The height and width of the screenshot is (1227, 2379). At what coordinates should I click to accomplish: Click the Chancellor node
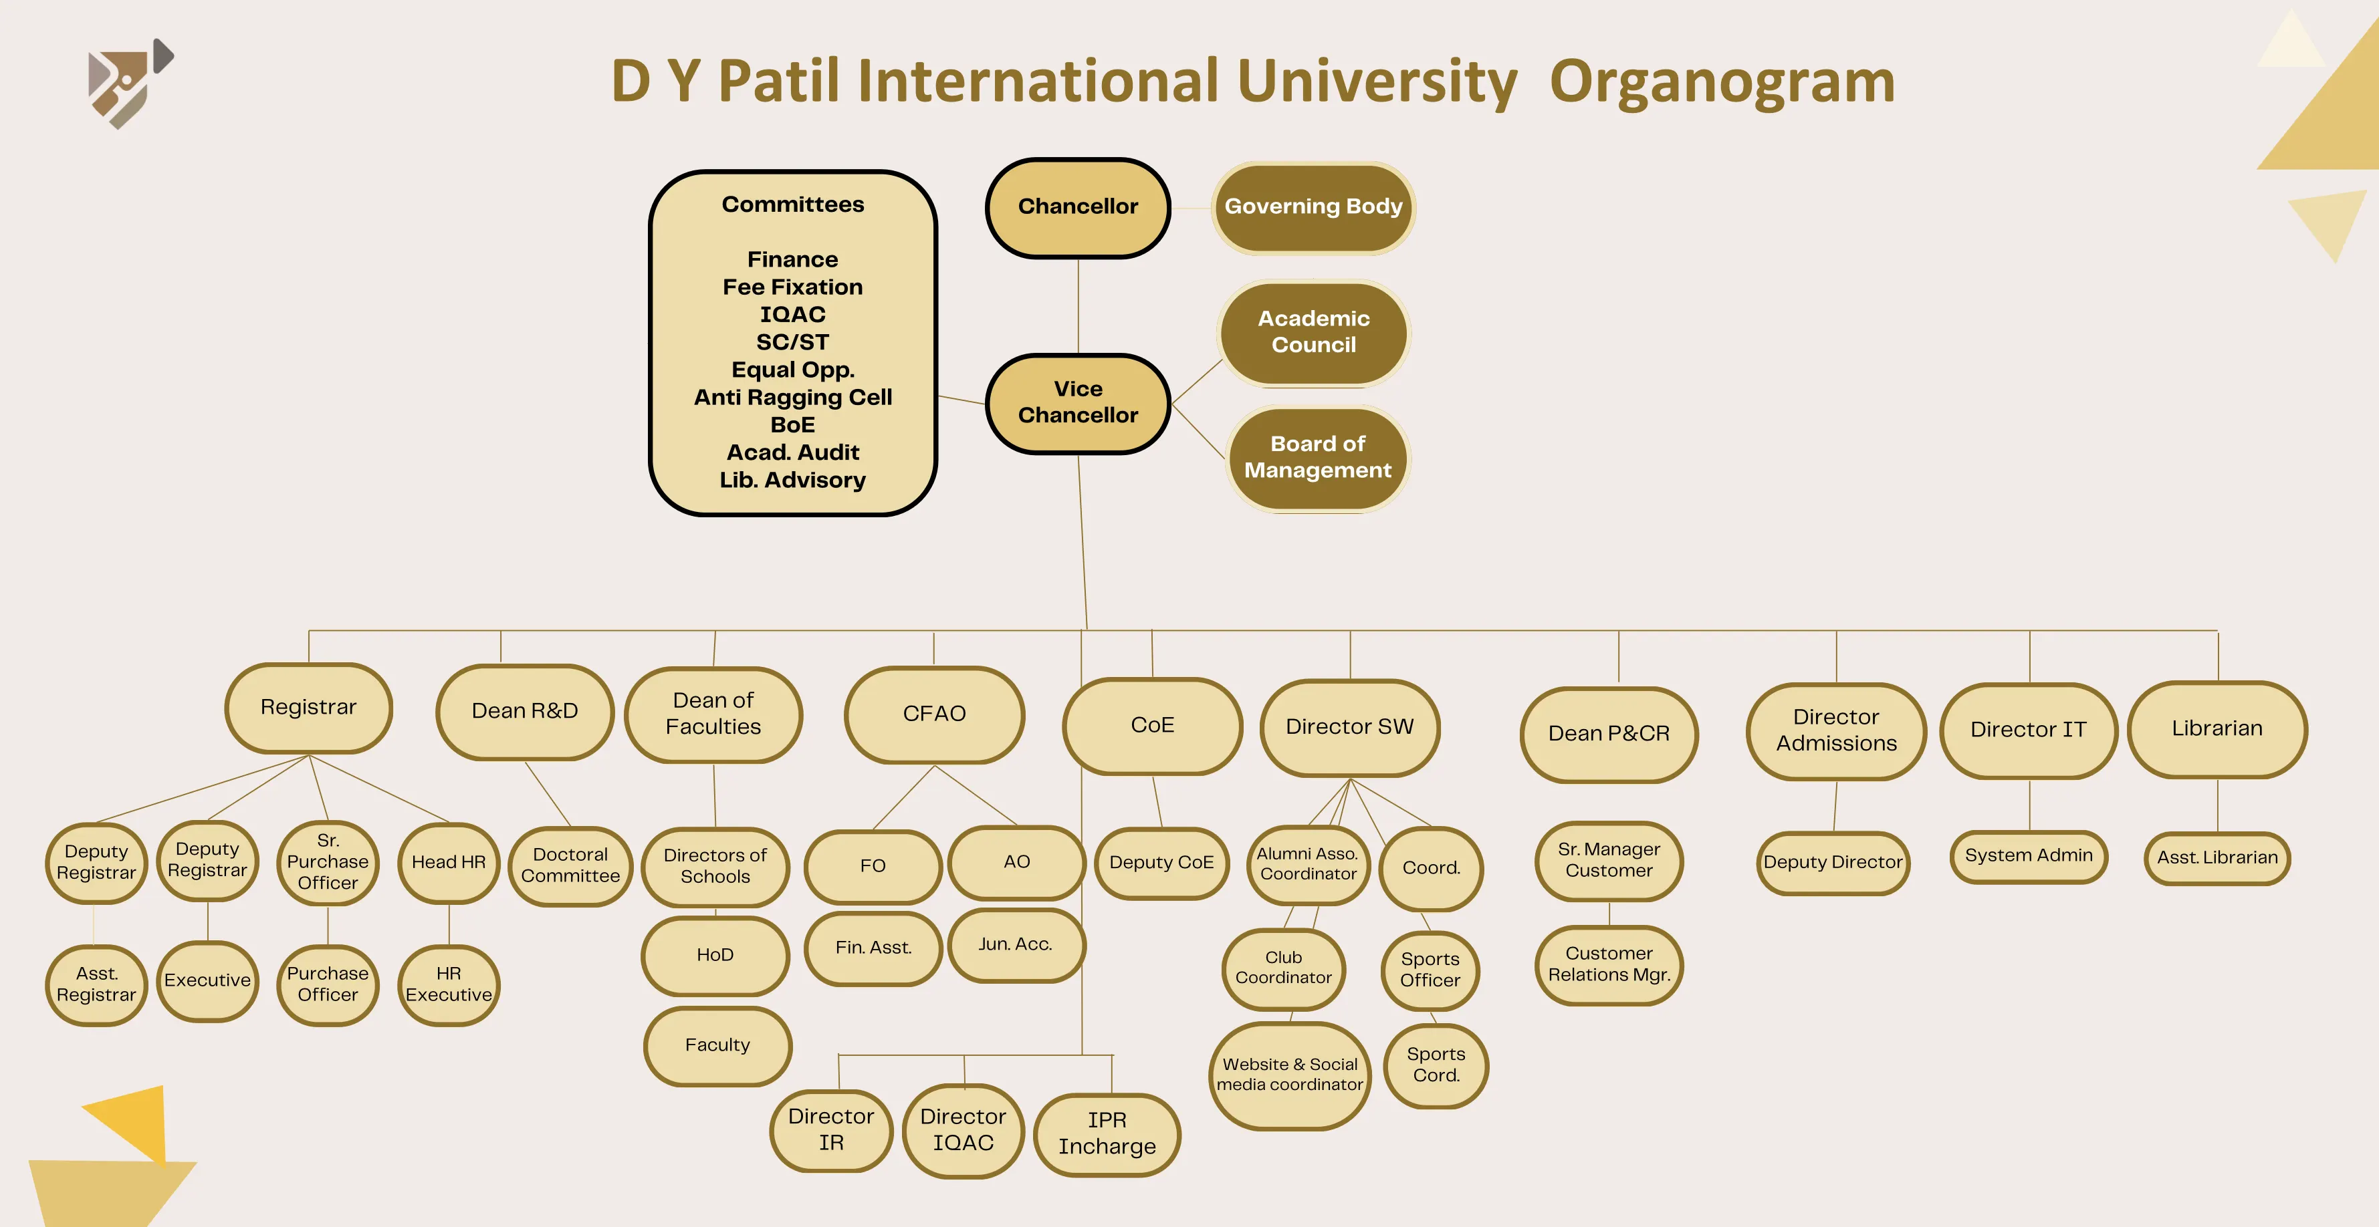point(1078,207)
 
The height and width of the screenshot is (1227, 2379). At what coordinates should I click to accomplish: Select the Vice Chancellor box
point(1078,402)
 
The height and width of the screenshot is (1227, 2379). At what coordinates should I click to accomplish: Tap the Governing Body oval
point(1313,207)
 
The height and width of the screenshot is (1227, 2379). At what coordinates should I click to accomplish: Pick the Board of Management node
point(1317,457)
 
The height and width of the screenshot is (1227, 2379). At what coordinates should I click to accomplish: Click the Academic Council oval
point(1313,331)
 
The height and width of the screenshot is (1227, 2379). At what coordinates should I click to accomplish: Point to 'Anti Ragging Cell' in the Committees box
point(792,397)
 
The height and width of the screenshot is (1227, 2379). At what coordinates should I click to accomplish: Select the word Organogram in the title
point(1722,82)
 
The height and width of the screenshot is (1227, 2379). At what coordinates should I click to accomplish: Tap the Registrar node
point(308,707)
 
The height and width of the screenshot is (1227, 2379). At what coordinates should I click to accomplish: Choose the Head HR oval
point(449,862)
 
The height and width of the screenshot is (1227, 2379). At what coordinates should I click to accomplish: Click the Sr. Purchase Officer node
point(328,862)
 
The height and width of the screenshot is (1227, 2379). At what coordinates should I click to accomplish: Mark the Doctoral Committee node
point(570,865)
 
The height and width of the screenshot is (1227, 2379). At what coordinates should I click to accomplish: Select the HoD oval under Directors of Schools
point(715,954)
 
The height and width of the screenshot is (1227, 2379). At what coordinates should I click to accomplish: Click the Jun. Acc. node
point(1015,944)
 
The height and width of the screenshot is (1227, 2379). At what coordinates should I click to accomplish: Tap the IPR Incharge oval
point(1107,1133)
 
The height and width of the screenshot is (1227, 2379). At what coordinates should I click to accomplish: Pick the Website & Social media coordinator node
point(1289,1075)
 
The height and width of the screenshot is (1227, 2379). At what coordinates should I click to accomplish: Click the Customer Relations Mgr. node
point(1609,964)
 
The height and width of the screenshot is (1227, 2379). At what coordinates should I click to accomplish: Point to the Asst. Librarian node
point(2217,857)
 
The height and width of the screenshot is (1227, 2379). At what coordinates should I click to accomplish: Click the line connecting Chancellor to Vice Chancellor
point(1079,305)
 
